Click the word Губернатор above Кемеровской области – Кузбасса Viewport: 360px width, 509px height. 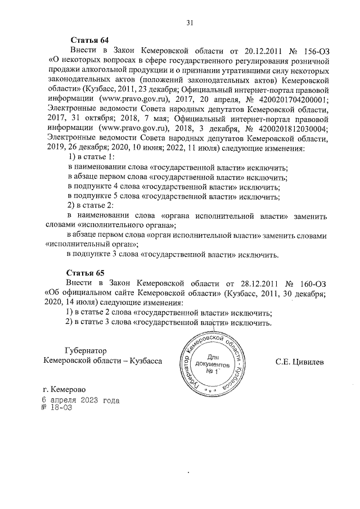(x=78, y=350)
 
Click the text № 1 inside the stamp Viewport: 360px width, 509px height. (x=212, y=372)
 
